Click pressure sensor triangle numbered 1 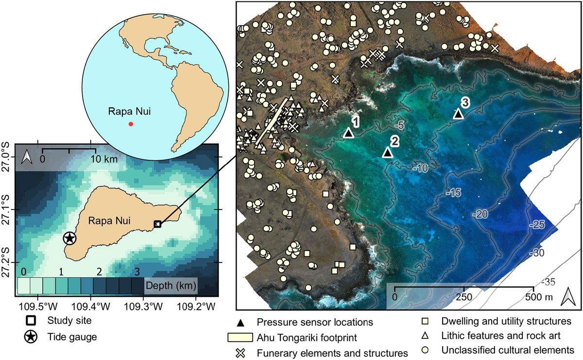tap(348, 133)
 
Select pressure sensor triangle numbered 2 tap(387, 153)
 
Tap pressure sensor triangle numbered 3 tap(458, 114)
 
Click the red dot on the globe tap(130, 124)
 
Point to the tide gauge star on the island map tap(70, 238)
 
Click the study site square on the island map tap(157, 224)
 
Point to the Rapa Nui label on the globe tap(129, 111)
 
